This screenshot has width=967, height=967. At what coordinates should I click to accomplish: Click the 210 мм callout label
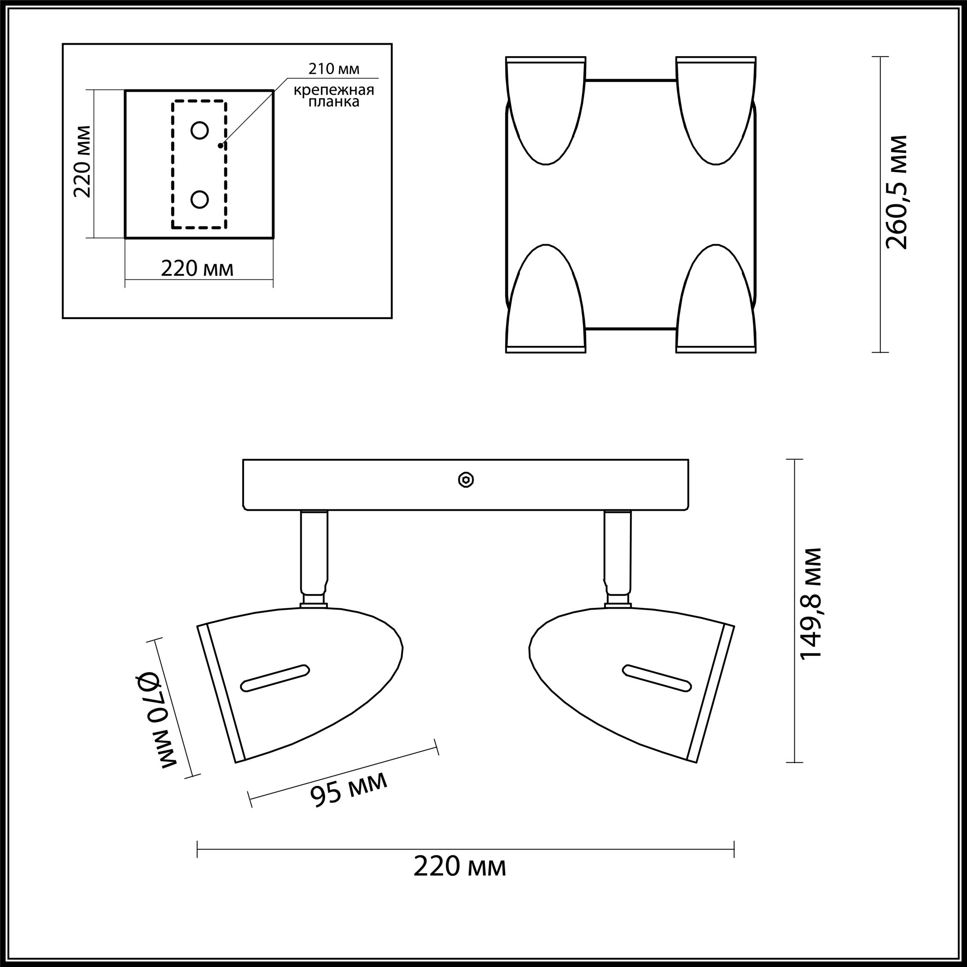point(333,69)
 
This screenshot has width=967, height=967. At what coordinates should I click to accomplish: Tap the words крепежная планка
point(334,96)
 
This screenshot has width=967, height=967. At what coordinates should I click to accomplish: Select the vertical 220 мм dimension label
point(82,161)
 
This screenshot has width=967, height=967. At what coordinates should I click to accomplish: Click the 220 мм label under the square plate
point(197,269)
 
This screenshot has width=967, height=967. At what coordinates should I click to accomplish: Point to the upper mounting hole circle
point(200,131)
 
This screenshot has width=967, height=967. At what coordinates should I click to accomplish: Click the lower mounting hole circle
point(200,200)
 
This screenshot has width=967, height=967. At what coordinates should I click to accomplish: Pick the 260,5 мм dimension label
point(897,192)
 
